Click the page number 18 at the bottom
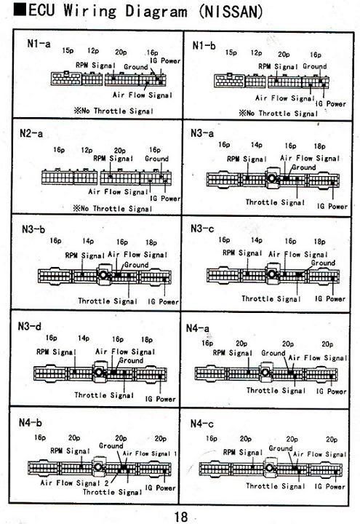(x=180, y=517)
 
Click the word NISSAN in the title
(x=231, y=12)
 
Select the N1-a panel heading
(x=39, y=44)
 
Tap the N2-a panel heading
(x=31, y=133)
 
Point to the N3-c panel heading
(x=202, y=229)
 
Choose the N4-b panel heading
(x=31, y=422)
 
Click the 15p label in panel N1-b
(x=231, y=52)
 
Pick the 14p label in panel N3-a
(x=257, y=145)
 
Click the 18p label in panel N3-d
(x=147, y=340)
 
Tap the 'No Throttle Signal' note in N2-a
(x=113, y=209)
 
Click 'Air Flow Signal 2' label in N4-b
(x=74, y=483)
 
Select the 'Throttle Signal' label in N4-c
(x=276, y=486)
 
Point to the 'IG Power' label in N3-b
(x=164, y=301)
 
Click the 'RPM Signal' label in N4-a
(x=233, y=353)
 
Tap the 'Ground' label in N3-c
(x=323, y=263)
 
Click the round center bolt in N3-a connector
(x=272, y=178)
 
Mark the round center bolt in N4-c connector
(x=270, y=467)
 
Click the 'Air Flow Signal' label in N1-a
(x=143, y=95)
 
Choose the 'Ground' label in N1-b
(x=315, y=66)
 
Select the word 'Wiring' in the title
(x=90, y=11)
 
